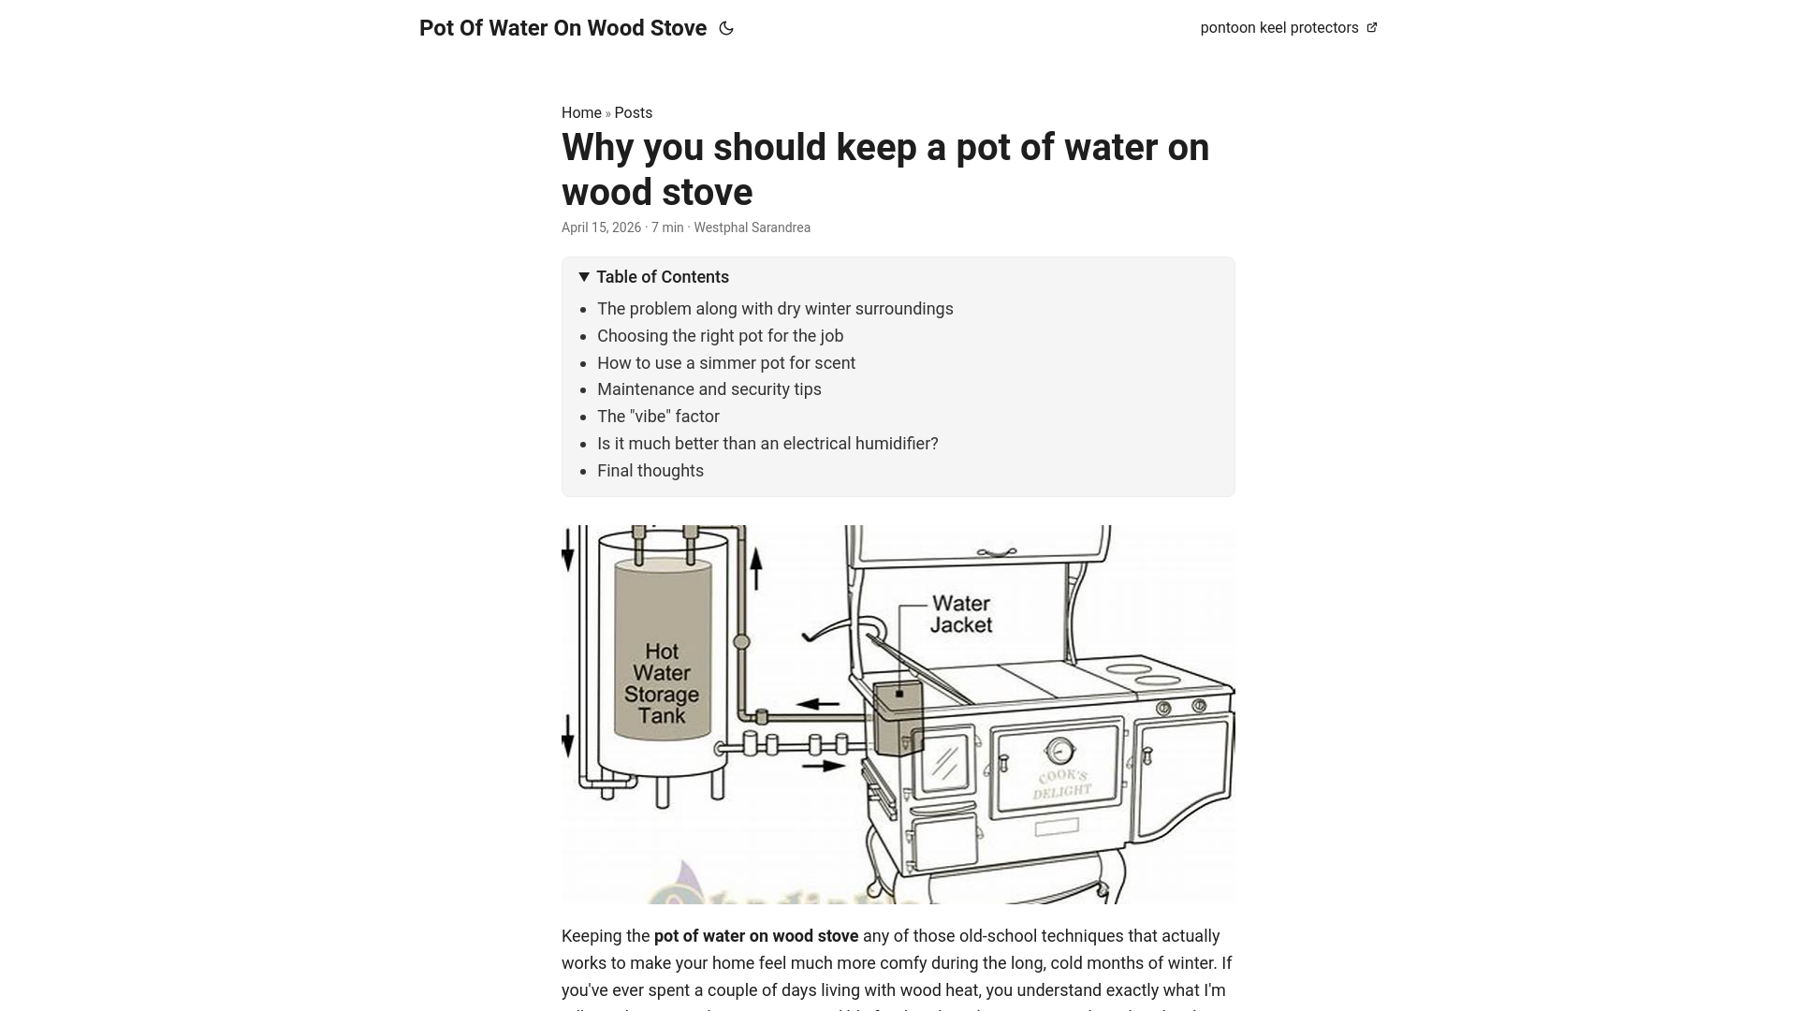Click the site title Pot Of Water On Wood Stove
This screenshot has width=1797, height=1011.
coord(562,28)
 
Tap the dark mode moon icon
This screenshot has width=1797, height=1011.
coord(726,28)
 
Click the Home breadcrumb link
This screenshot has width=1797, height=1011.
coord(581,113)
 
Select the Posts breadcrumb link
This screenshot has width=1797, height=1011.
coord(634,113)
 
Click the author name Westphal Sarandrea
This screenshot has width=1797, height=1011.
coord(752,227)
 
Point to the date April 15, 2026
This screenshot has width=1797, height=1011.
coord(601,227)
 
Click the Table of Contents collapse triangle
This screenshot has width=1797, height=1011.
coord(584,277)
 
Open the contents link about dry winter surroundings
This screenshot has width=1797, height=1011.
coord(775,309)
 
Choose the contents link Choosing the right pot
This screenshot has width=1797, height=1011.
coord(720,336)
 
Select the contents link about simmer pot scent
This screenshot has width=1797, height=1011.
coord(726,363)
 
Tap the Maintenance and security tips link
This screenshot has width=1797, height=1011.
coord(709,389)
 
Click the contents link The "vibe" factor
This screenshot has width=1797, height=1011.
coord(658,417)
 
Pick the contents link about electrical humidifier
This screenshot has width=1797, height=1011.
coord(767,444)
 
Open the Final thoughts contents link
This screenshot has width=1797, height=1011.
coord(650,471)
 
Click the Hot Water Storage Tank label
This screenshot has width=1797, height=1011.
coord(662,683)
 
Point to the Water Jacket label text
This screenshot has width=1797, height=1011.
coord(961,614)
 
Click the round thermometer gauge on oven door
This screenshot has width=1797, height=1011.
coord(1059,751)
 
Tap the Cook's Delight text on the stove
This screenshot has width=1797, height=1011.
coord(1062,784)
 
